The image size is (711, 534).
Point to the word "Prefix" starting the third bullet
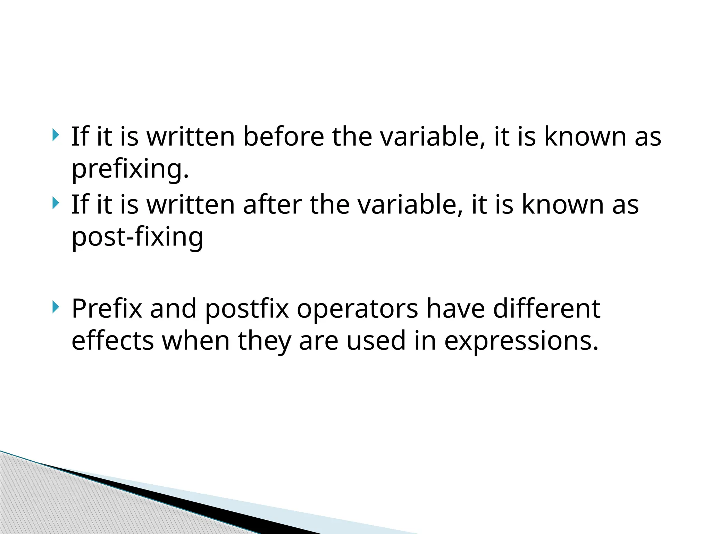(x=107, y=308)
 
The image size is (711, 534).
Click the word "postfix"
(x=247, y=308)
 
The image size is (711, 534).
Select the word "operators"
(x=357, y=308)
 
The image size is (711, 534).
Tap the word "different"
(x=546, y=308)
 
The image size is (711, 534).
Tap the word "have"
(x=455, y=308)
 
